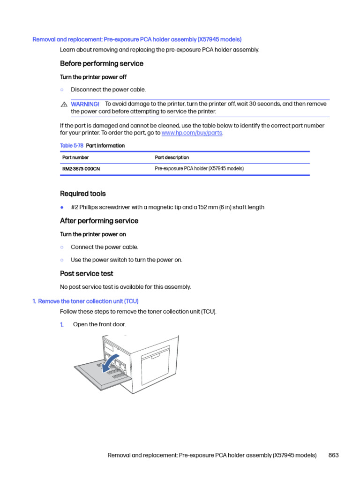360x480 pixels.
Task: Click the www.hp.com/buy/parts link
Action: coord(192,133)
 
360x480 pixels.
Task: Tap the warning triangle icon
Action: coord(64,104)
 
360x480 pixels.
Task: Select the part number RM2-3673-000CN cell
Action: coord(81,169)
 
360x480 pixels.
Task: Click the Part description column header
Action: coord(172,157)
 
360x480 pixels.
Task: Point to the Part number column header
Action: coord(75,157)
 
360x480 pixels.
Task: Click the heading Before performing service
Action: coord(102,63)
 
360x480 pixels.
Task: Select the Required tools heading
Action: coord(83,194)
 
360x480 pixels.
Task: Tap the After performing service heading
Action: coord(99,221)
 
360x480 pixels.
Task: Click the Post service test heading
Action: coord(87,273)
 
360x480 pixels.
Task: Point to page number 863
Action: coord(334,455)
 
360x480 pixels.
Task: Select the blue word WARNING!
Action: coord(85,104)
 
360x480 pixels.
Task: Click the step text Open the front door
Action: coord(99,324)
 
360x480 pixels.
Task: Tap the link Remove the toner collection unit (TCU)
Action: coord(88,301)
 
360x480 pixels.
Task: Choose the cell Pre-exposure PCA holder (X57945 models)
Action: coord(199,169)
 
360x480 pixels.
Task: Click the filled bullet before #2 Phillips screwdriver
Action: coord(62,207)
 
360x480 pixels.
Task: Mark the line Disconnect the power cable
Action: coord(108,90)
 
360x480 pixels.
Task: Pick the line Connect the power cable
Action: coord(105,247)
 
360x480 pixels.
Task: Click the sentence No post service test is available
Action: coord(125,287)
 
